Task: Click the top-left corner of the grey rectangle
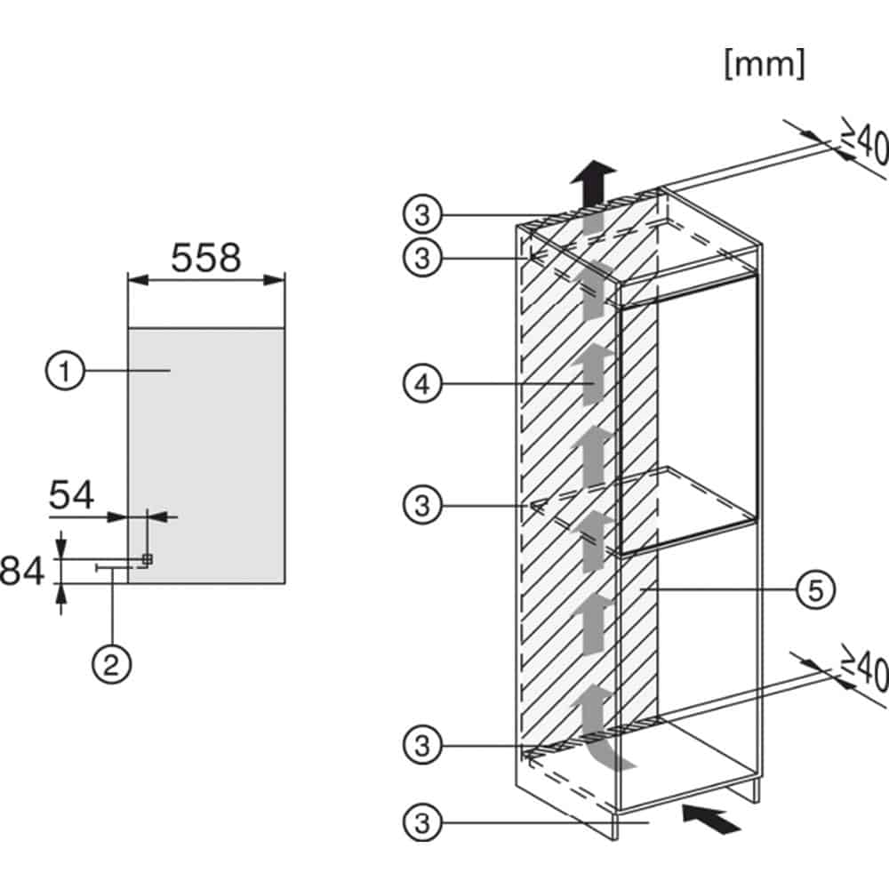coord(129,328)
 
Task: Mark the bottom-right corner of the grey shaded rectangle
coord(284,583)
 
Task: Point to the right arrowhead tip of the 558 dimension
coord(284,279)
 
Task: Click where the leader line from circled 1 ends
coord(170,371)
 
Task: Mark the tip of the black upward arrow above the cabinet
coord(593,160)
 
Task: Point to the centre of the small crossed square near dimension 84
coord(148,559)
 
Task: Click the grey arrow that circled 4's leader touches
coord(593,374)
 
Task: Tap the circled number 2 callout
coord(112,663)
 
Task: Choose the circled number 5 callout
coord(815,590)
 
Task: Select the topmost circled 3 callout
coord(422,215)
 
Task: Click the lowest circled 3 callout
coord(422,822)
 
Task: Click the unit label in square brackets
coord(765,63)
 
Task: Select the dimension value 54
coord(71,495)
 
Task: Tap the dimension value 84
coord(22,571)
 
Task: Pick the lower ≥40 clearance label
coord(865,669)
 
